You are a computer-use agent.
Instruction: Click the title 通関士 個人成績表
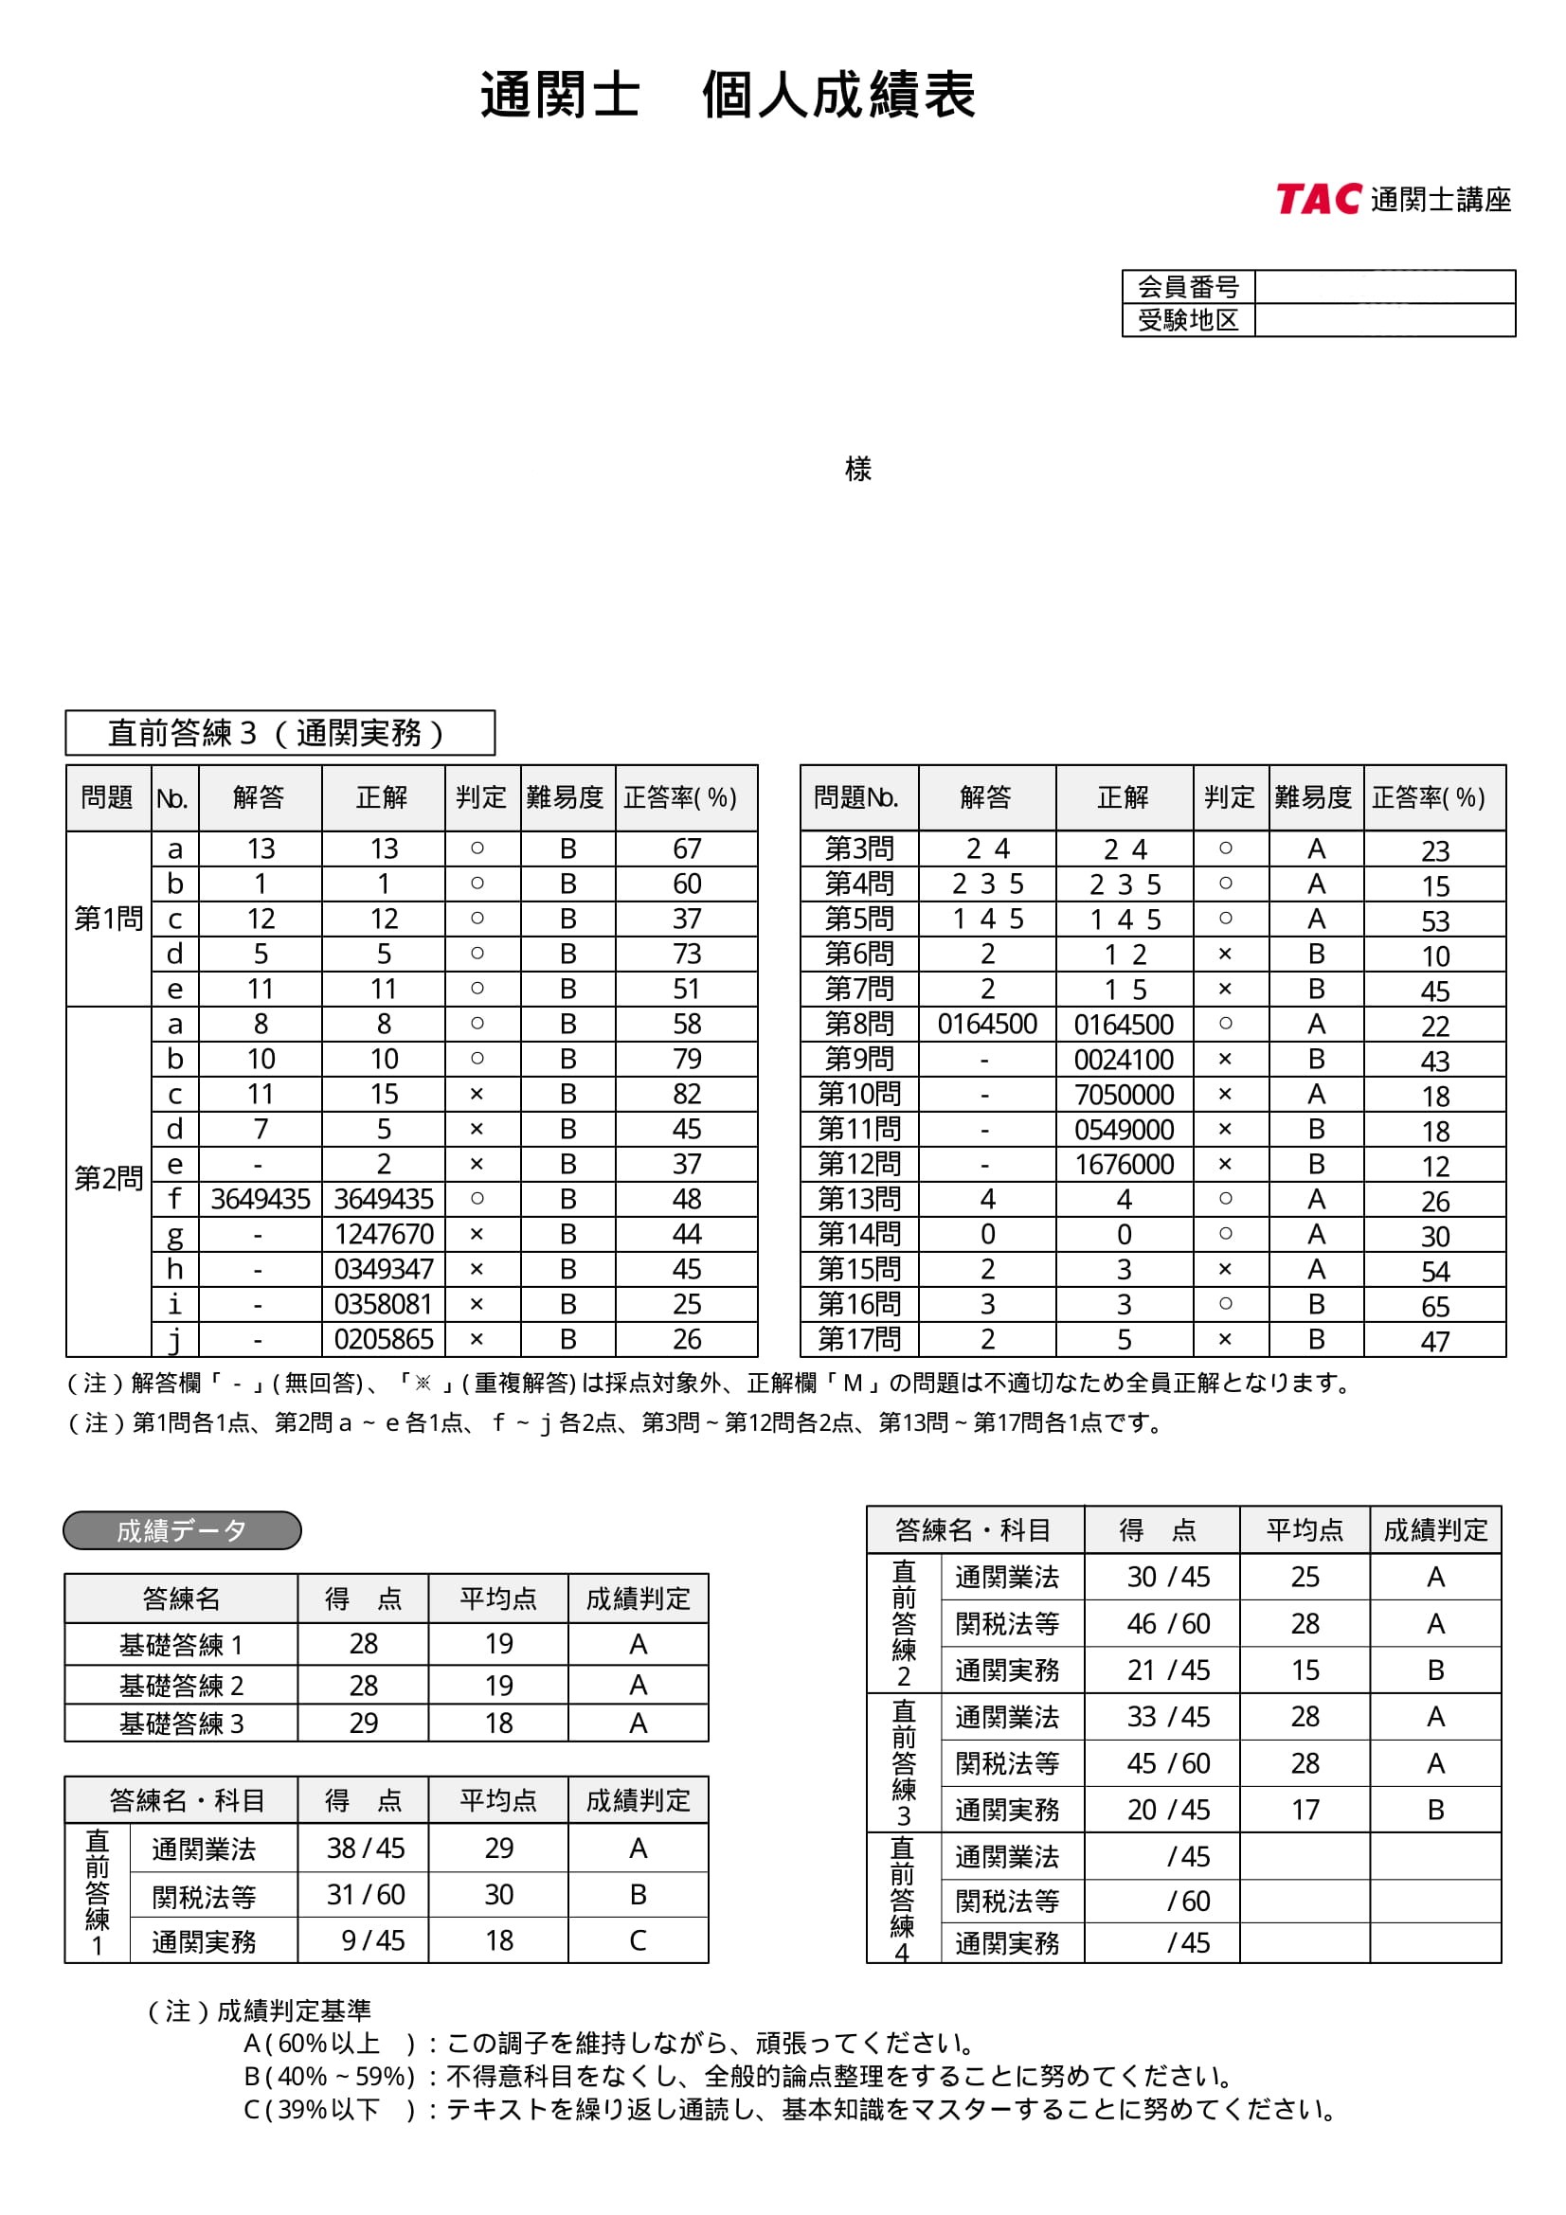(728, 96)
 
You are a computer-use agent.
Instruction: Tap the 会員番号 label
(1188, 287)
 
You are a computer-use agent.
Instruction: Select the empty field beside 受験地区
(1384, 320)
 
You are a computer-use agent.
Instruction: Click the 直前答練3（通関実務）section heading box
(279, 733)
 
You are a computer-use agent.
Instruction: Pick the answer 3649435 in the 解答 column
(261, 1199)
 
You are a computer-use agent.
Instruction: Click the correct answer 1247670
(383, 1234)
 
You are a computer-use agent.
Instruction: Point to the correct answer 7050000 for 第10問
(1125, 1095)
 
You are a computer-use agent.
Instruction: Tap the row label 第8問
(858, 1024)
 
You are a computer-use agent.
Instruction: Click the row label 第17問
(858, 1339)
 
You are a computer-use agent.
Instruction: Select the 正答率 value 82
(687, 1094)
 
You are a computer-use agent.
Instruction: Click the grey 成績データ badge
(182, 1531)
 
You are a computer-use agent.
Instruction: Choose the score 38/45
(365, 1849)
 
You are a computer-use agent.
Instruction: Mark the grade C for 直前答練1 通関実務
(638, 1941)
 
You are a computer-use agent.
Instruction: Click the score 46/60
(1167, 1625)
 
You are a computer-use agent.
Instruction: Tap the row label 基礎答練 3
(181, 1723)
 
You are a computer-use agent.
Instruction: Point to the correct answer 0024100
(1125, 1060)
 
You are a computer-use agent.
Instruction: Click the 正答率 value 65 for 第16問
(1434, 1306)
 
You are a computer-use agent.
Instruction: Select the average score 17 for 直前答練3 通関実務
(1305, 1810)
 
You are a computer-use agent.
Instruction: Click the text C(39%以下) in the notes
(328, 2110)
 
